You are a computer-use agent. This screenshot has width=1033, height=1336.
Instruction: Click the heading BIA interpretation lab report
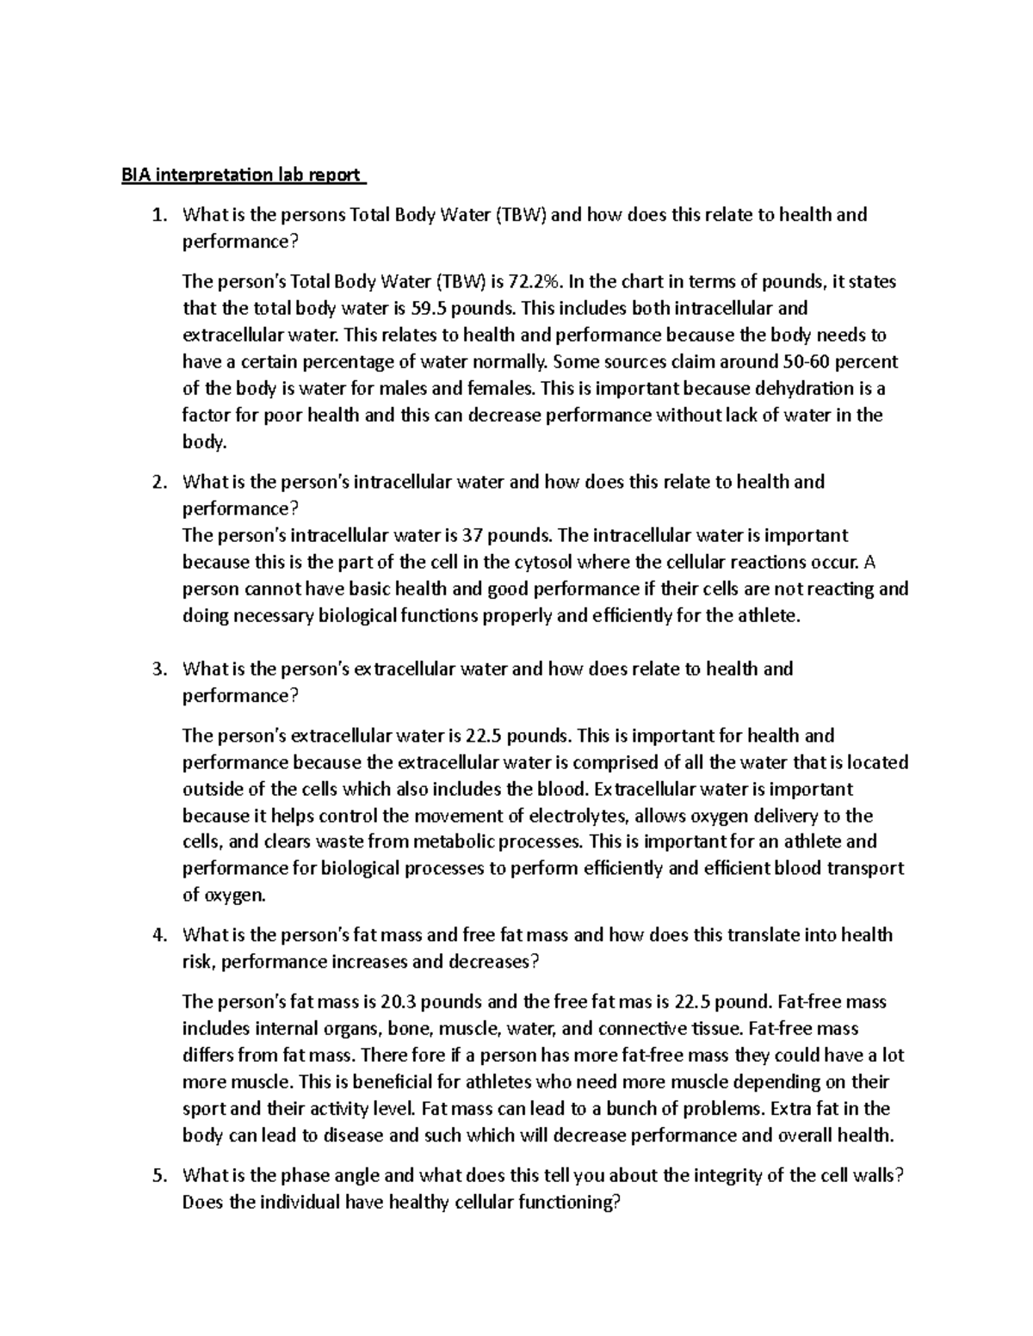coord(242,175)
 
